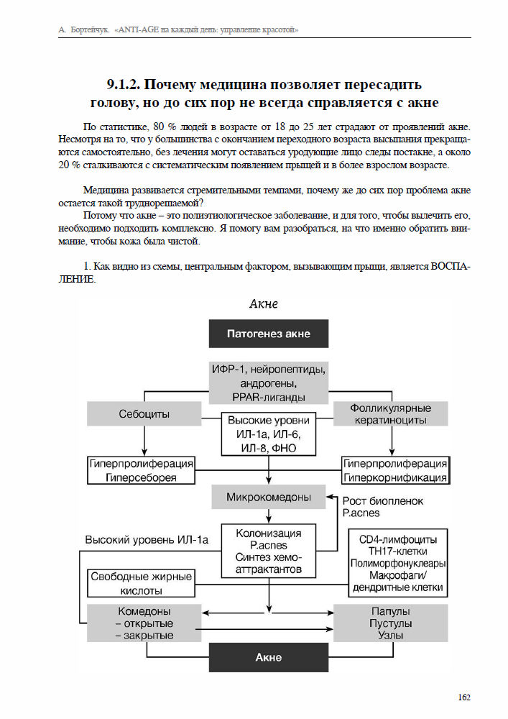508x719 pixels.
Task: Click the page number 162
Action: [x=463, y=697]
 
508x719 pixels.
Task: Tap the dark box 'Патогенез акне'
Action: [x=269, y=334]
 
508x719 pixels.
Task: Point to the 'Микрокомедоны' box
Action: [x=269, y=497]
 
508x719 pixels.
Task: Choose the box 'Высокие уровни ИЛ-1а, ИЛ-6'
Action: [x=269, y=434]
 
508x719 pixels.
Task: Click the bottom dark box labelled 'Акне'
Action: [x=269, y=657]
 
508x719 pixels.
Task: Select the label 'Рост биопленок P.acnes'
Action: [x=383, y=506]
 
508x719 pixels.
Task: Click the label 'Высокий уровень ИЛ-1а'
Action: [x=147, y=540]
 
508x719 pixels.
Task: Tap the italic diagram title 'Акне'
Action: [x=263, y=303]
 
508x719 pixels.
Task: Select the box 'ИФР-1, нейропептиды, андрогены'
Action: [x=269, y=383]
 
